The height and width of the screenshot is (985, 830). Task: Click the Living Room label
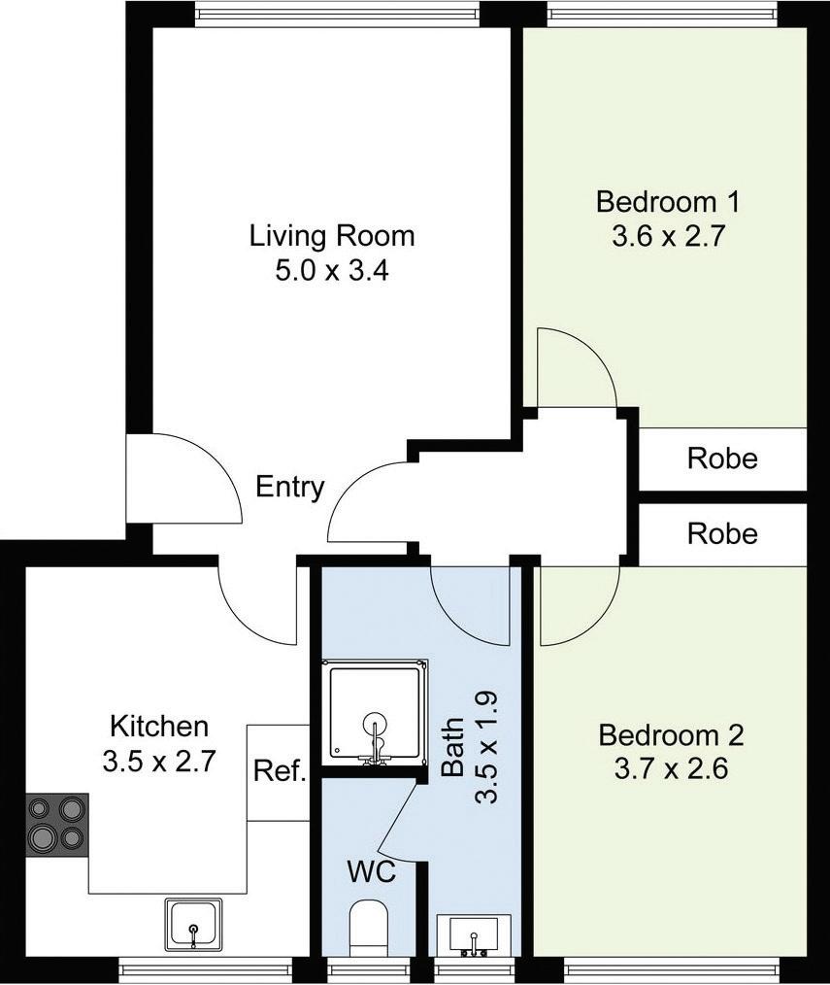[x=332, y=236]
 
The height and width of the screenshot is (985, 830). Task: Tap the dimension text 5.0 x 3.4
[x=332, y=271]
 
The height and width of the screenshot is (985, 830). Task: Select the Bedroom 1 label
[x=668, y=202]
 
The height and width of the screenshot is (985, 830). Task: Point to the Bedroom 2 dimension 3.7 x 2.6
[x=671, y=769]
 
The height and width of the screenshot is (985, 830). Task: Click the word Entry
[x=290, y=487]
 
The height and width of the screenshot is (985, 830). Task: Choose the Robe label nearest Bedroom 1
[x=722, y=459]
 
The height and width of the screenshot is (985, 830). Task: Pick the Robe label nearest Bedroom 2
[x=722, y=534]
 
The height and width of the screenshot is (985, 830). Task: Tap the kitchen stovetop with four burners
[x=56, y=824]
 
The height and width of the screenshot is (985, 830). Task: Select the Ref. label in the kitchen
[x=280, y=770]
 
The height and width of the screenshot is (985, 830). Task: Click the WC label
[x=372, y=872]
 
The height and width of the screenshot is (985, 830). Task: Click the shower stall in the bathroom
[x=375, y=712]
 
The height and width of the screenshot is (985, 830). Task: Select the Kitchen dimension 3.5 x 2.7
[x=159, y=762]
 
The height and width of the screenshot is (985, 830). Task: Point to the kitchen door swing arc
[x=242, y=622]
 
